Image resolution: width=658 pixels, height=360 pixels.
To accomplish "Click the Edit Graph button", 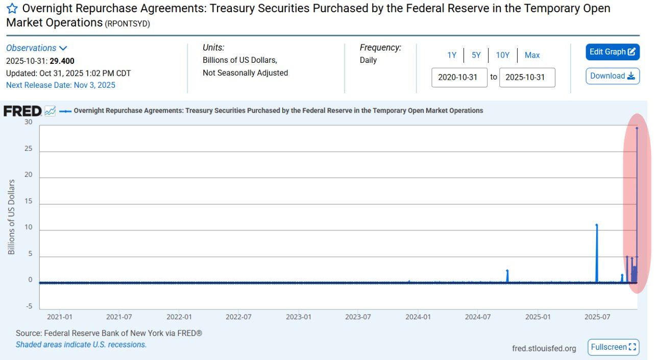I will tap(612, 52).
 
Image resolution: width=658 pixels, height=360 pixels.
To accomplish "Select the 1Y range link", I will tap(452, 55).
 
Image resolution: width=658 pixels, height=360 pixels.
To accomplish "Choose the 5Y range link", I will tap(476, 55).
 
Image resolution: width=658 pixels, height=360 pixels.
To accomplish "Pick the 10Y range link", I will tap(502, 55).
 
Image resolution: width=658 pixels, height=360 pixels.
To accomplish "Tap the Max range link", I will tap(532, 55).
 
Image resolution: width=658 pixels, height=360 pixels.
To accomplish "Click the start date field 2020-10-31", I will tap(459, 77).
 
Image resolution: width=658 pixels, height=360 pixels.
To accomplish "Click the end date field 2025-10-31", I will tap(527, 77).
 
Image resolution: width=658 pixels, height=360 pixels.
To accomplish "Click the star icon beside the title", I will tap(12, 9).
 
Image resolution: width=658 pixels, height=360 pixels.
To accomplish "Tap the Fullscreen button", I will tap(613, 347).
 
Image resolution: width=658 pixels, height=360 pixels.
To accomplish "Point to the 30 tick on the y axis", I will tap(28, 123).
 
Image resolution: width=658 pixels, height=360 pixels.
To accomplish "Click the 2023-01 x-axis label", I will tap(298, 317).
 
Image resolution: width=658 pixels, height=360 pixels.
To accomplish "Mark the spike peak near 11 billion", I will tap(596, 225).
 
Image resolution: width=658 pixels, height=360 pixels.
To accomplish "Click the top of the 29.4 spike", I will tap(637, 128).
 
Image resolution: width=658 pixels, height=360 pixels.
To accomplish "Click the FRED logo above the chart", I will tap(22, 111).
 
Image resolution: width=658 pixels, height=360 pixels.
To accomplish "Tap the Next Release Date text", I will tap(61, 85).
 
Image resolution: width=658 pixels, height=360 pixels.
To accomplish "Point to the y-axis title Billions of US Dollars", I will tap(11, 217).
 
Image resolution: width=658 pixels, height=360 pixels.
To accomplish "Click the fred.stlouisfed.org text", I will tap(544, 348).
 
